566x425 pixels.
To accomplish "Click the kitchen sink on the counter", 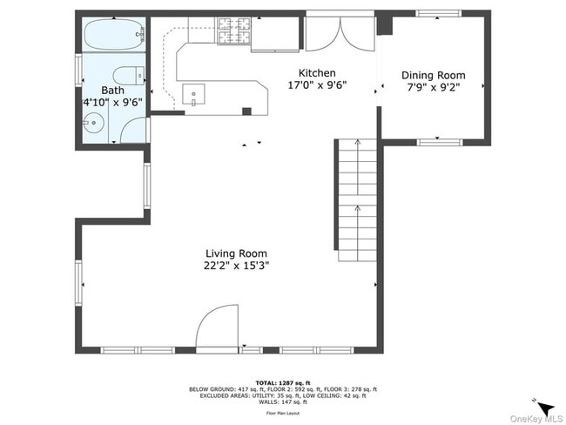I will [x=192, y=92].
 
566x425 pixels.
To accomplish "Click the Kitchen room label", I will [x=316, y=73].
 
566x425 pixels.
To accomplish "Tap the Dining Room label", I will [x=433, y=76].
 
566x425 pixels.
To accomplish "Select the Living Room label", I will [x=231, y=254].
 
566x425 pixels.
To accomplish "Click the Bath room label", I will [x=112, y=91].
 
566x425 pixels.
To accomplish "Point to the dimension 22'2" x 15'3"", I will [x=231, y=266].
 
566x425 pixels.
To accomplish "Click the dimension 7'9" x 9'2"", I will [x=433, y=87].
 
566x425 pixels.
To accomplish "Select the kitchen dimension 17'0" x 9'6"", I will [x=316, y=85].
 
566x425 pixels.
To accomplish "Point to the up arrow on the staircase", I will [x=357, y=208].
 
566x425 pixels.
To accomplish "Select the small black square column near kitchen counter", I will [x=246, y=111].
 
